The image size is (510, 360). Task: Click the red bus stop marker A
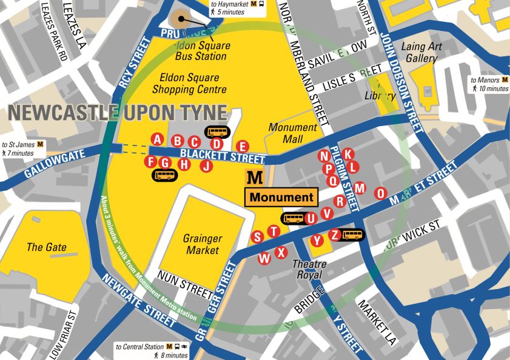(158, 139)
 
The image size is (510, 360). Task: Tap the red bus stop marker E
(242, 146)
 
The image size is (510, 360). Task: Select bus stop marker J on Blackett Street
(207, 165)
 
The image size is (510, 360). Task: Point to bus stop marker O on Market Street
(380, 193)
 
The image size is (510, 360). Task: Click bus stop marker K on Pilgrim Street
(347, 154)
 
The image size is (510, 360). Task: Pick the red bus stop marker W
(264, 259)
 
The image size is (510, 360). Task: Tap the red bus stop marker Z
(334, 235)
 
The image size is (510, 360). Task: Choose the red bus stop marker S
(257, 237)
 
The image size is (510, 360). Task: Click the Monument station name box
(281, 197)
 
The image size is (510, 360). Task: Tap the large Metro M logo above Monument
(256, 178)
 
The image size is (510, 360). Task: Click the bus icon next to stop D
(217, 132)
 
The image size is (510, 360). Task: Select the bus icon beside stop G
(164, 175)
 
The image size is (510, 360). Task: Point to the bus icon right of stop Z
(352, 235)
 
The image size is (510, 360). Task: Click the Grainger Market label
(203, 244)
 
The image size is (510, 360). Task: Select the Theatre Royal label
(310, 270)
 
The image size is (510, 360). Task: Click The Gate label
(47, 247)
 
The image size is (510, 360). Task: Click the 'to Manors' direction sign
(489, 84)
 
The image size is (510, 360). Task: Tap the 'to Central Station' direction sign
(152, 351)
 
